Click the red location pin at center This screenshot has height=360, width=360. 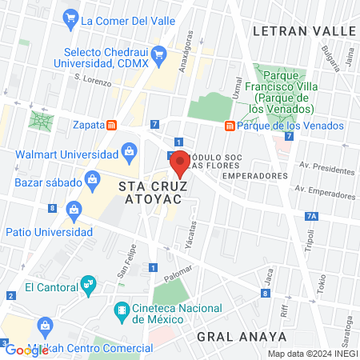coord(180,162)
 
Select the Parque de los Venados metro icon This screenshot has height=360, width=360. coord(230,126)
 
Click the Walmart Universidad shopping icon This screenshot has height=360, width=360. coord(128,150)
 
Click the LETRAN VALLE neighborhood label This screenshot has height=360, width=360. coord(302,30)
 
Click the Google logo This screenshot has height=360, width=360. coord(26,350)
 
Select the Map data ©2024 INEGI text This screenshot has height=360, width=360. coord(311,353)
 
